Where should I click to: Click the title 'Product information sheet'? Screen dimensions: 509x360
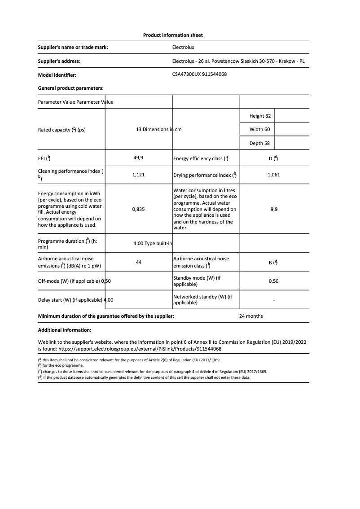pyautogui.click(x=173, y=35)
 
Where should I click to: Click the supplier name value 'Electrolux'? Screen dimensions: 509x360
pyautogui.click(x=183, y=47)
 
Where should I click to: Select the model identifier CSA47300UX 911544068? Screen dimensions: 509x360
pyautogui.click(x=199, y=75)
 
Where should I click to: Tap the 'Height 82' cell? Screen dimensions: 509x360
pyautogui.click(x=260, y=116)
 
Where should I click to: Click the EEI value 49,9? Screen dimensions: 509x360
pyautogui.click(x=138, y=158)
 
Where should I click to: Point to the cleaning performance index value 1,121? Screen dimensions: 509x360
pyautogui.click(x=138, y=175)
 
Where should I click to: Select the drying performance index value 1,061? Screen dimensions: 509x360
pyautogui.click(x=273, y=175)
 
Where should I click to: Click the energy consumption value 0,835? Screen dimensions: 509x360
pyautogui.click(x=138, y=209)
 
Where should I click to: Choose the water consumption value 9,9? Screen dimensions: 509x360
pyautogui.click(x=274, y=209)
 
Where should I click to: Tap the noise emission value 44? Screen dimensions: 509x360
pyautogui.click(x=138, y=262)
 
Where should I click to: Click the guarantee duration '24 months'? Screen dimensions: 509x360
pyautogui.click(x=251, y=316)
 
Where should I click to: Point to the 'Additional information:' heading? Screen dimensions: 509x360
pyautogui.click(x=65, y=330)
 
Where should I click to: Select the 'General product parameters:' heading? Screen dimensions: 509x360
pyautogui.click(x=71, y=88)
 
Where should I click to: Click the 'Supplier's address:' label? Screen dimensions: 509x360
pyautogui.click(x=59, y=61)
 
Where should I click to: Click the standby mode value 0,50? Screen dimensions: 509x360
pyautogui.click(x=273, y=281)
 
